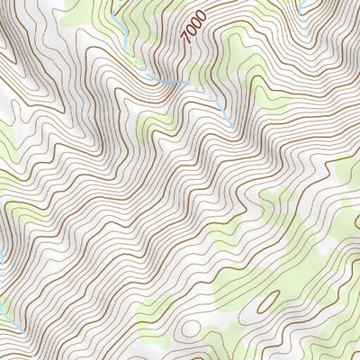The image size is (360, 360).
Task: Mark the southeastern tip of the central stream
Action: pyautogui.click(x=232, y=127)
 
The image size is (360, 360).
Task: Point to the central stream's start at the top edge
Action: pyautogui.click(x=115, y=2)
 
